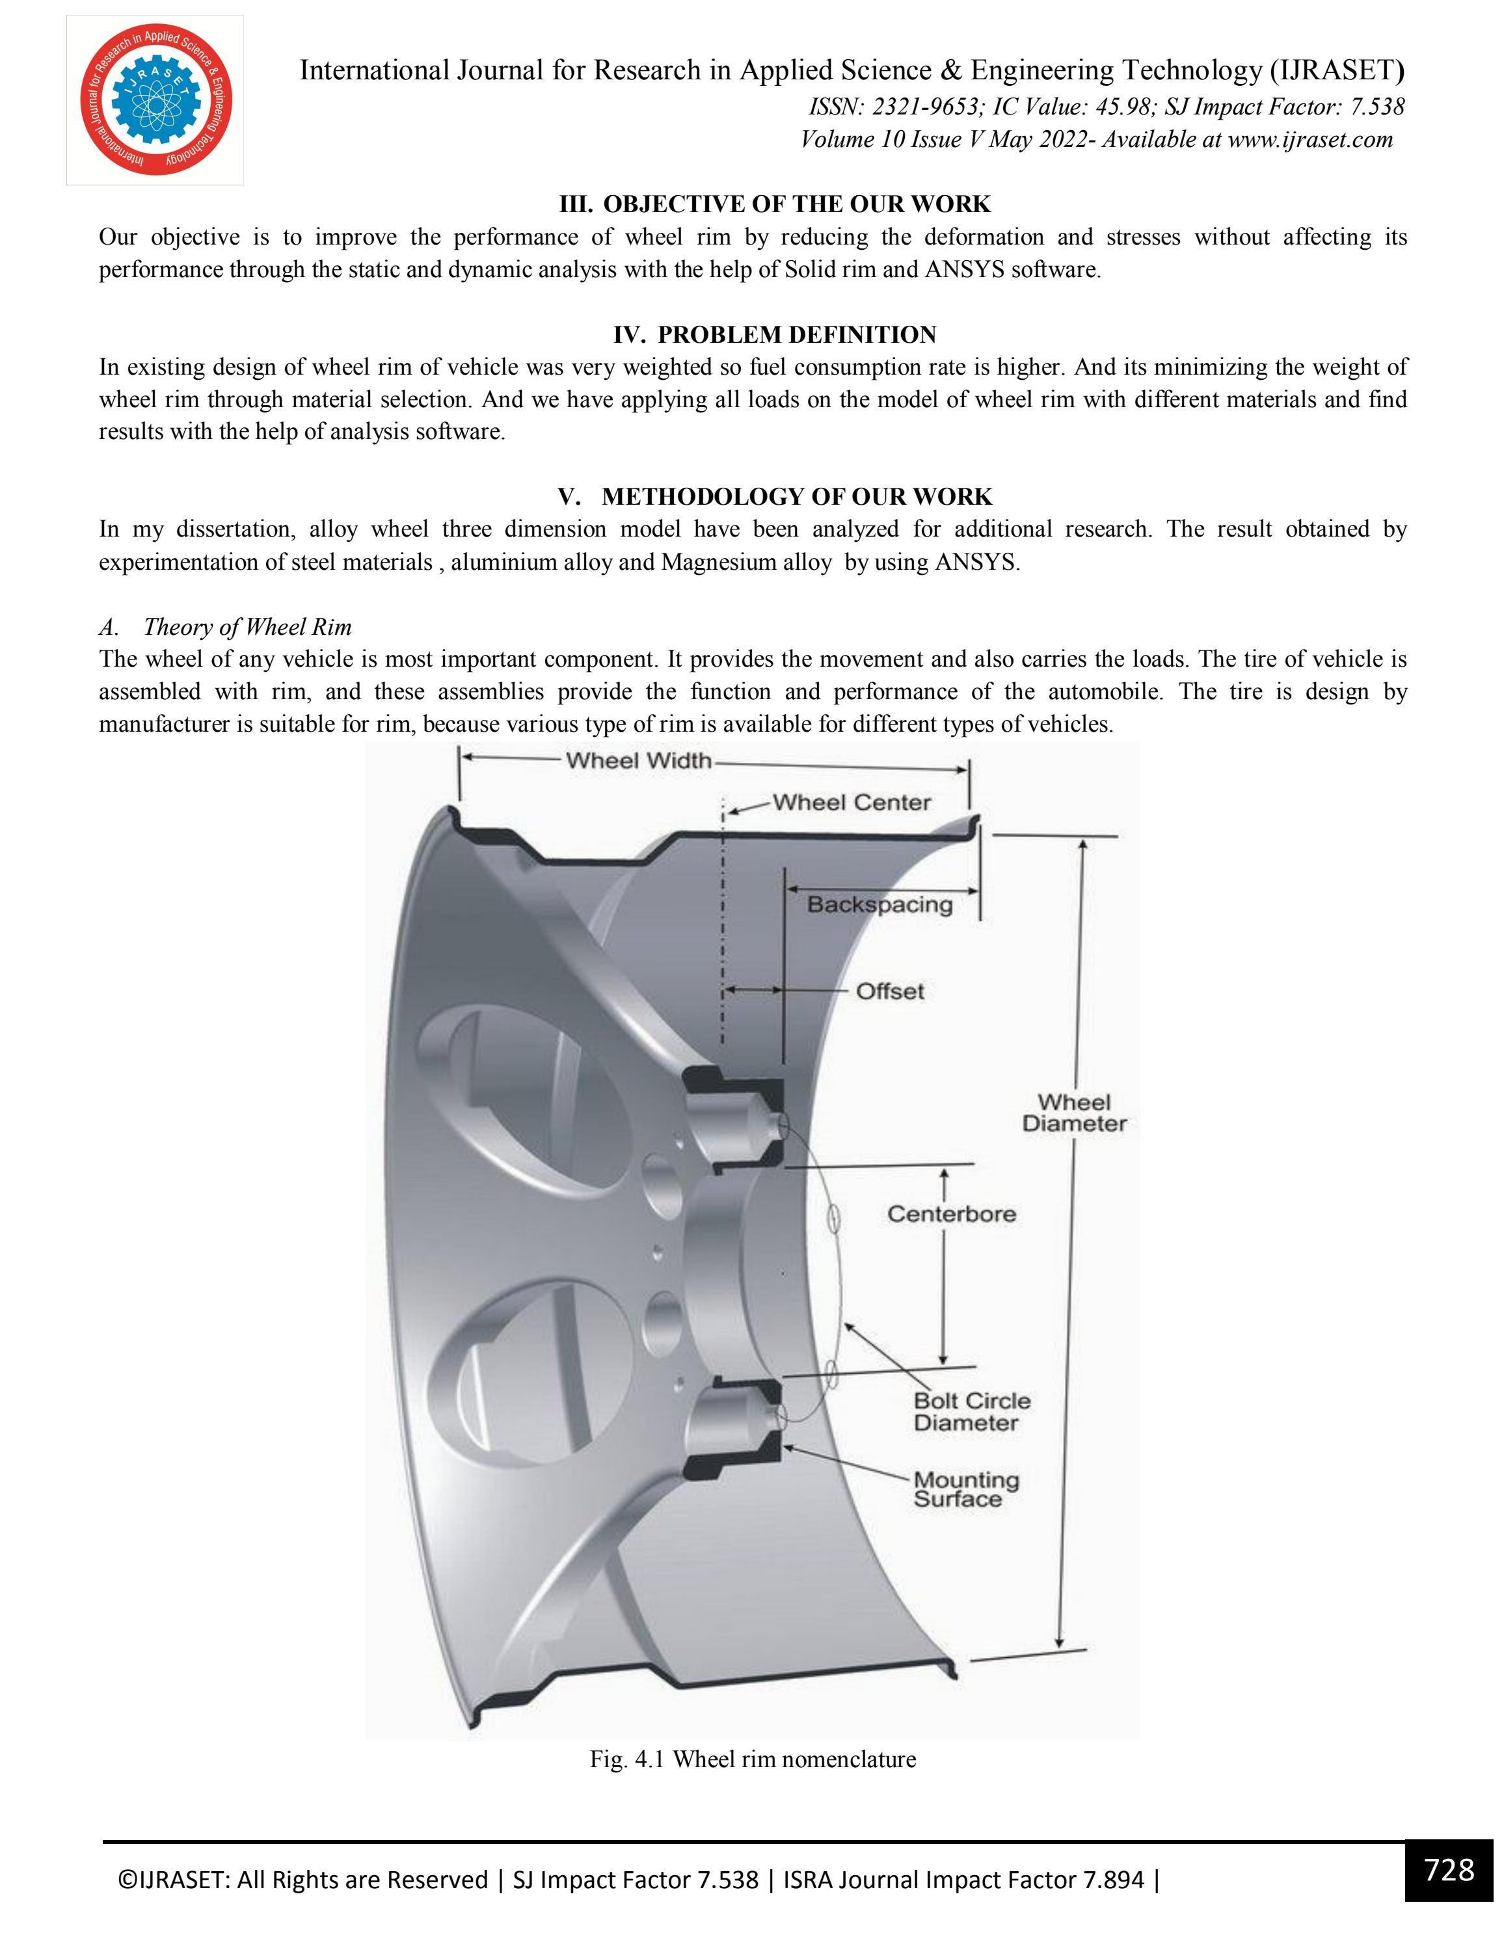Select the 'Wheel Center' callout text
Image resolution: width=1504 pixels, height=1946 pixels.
click(x=851, y=802)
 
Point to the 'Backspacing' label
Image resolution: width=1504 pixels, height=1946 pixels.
click(x=880, y=905)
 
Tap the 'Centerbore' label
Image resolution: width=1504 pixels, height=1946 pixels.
click(x=950, y=1214)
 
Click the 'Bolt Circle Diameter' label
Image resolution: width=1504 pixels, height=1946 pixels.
click(x=971, y=1411)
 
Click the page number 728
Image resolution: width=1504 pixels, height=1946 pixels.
click(x=1449, y=1869)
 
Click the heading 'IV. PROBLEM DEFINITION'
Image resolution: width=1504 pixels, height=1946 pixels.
click(x=774, y=335)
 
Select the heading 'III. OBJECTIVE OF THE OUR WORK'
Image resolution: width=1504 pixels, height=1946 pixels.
click(x=774, y=204)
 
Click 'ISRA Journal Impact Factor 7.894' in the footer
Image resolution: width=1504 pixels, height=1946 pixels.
click(x=964, y=1880)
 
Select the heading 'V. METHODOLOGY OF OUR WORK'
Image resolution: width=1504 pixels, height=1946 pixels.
click(x=774, y=496)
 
